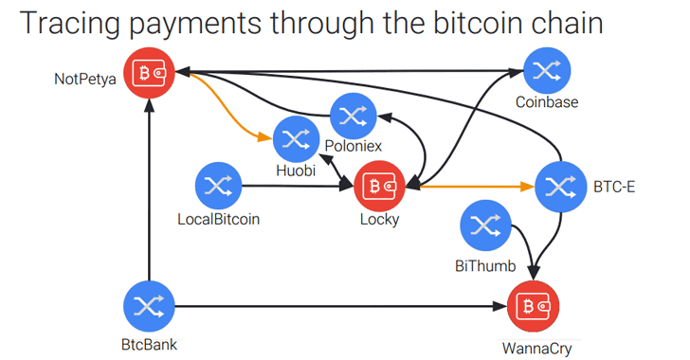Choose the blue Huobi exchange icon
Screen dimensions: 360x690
297,140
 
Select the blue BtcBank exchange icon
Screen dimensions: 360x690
150,306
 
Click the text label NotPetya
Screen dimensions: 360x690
84,79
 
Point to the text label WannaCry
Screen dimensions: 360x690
536,347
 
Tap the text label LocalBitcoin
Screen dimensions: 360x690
219,221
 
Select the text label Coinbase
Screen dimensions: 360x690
547,102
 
